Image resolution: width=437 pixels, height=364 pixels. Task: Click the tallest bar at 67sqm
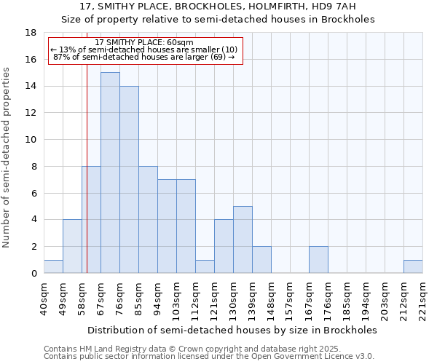point(110,173)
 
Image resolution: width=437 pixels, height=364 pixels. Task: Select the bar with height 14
point(129,179)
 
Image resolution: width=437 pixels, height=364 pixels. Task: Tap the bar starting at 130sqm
point(243,240)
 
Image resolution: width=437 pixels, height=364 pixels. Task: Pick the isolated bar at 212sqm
point(413,266)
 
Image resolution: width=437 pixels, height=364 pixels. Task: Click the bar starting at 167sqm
point(318,260)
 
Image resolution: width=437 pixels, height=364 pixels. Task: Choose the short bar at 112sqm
point(205,266)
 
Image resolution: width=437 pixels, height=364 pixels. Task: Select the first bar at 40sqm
point(53,266)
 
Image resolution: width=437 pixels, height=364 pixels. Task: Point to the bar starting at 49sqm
point(72,246)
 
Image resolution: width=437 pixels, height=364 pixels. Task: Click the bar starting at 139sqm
point(261,260)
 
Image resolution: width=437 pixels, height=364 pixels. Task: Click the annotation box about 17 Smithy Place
point(143,50)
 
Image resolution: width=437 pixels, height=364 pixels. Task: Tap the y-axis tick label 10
point(31,140)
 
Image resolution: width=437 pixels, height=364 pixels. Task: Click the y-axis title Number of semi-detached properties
point(7,158)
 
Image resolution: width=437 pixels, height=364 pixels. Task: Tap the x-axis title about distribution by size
point(236,330)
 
